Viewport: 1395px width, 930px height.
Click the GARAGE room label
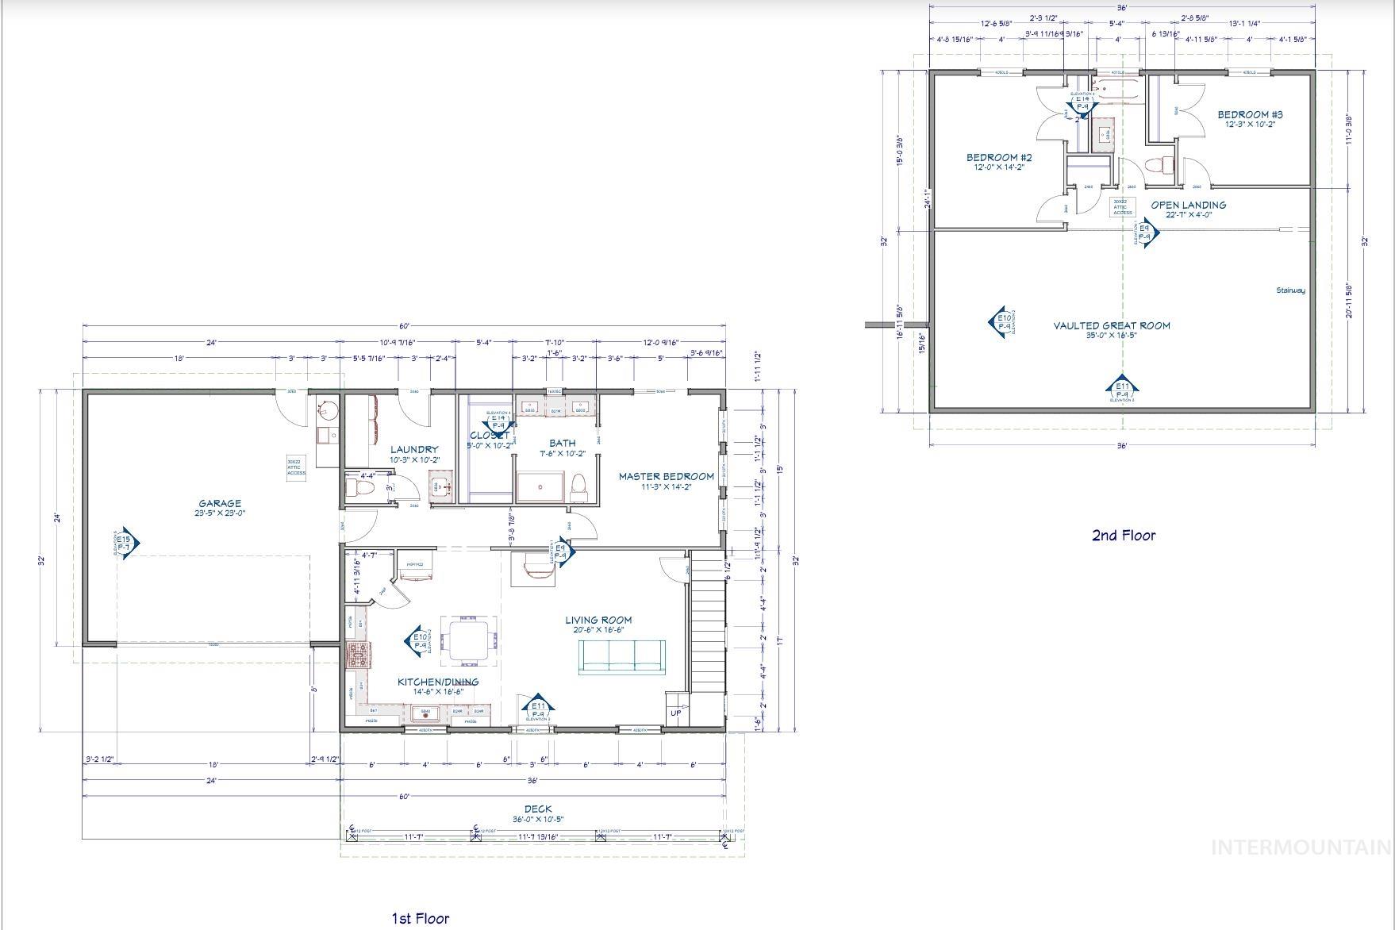point(220,503)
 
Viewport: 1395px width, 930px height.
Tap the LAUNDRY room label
point(414,449)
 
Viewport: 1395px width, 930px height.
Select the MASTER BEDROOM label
point(666,476)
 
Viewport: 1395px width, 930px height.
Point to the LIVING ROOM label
point(598,620)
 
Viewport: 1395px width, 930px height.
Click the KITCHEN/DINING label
point(438,682)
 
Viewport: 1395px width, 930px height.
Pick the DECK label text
point(538,809)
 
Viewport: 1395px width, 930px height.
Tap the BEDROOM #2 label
point(999,157)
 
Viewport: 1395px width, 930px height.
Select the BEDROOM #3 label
point(1250,114)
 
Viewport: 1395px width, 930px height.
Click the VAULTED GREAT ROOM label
point(1111,325)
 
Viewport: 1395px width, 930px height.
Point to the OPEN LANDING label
point(1188,205)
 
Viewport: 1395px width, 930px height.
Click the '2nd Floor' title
point(1124,535)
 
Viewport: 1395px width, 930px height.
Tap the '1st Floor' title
point(420,918)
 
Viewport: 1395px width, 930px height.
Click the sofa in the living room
point(623,657)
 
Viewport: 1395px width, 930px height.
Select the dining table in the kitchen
point(471,640)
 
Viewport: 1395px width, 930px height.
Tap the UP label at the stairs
point(676,713)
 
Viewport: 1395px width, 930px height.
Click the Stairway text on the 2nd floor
point(1290,290)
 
